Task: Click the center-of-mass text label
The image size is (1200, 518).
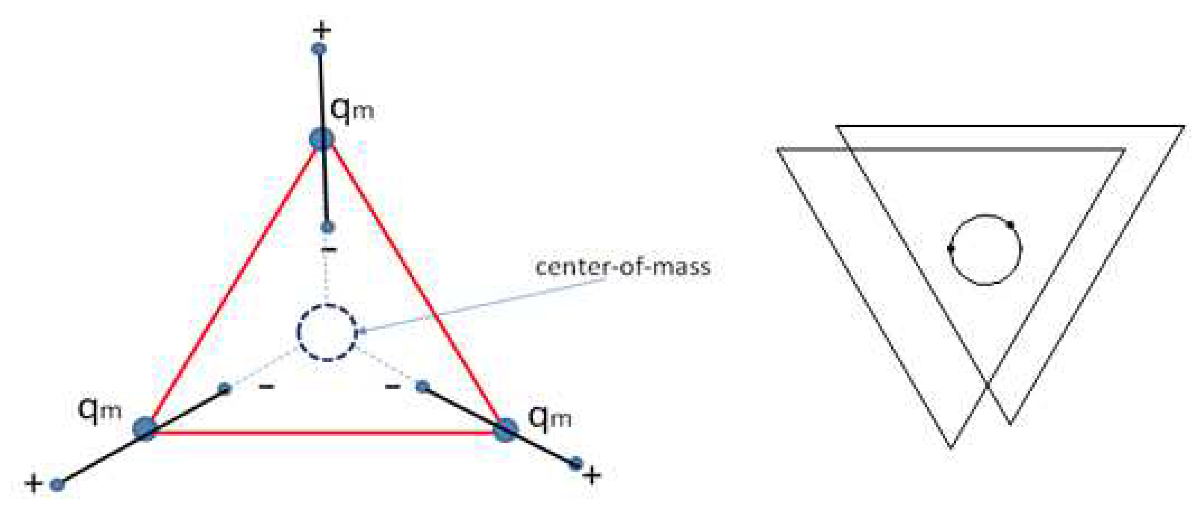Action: pyautogui.click(x=623, y=267)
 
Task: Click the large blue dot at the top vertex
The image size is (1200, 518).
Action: pyautogui.click(x=322, y=138)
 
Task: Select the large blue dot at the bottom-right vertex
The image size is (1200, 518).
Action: pyautogui.click(x=505, y=430)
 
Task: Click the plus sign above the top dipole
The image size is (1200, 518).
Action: pyautogui.click(x=322, y=31)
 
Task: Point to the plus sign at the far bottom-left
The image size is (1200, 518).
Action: pyautogui.click(x=33, y=483)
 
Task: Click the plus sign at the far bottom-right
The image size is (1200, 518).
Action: pyautogui.click(x=592, y=476)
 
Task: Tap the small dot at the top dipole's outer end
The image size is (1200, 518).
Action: pyautogui.click(x=319, y=49)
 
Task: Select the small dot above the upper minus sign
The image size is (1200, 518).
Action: pyautogui.click(x=328, y=227)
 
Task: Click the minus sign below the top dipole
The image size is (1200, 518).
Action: pyautogui.click(x=329, y=250)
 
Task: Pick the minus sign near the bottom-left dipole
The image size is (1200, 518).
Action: pyautogui.click(x=267, y=386)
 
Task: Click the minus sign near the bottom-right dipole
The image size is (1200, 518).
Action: pyautogui.click(x=393, y=386)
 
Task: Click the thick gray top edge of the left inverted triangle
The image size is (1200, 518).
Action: pyautogui.click(x=950, y=149)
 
